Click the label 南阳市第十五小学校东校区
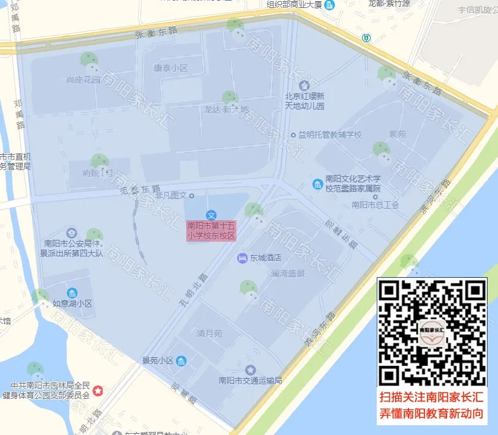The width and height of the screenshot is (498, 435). coord(211,231)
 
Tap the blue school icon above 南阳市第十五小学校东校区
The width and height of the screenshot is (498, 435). coord(211,215)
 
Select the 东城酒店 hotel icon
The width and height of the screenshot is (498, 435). coord(242,258)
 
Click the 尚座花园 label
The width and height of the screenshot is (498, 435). coord(83,80)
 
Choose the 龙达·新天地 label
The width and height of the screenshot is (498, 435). coord(227,110)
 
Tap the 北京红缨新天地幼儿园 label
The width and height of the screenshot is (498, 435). coord(304,101)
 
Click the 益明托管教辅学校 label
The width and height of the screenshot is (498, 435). coord(330,135)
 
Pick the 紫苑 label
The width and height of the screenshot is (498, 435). coord(398,135)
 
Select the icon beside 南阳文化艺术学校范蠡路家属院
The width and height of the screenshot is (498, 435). coord(317,184)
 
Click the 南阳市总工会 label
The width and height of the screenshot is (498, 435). coord(375,205)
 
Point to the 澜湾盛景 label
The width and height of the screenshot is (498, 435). coord(288,273)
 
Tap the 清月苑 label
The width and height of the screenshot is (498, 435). coord(209,333)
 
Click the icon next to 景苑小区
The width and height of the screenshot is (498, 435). coord(181,361)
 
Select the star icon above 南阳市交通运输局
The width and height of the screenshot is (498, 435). coord(250,370)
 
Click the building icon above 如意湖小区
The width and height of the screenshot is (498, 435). coord(72,292)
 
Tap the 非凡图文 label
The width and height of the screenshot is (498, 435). coord(171,195)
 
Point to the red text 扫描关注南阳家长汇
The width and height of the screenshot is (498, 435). coord(432,396)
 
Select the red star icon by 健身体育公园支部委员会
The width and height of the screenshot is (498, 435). coord(98,390)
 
